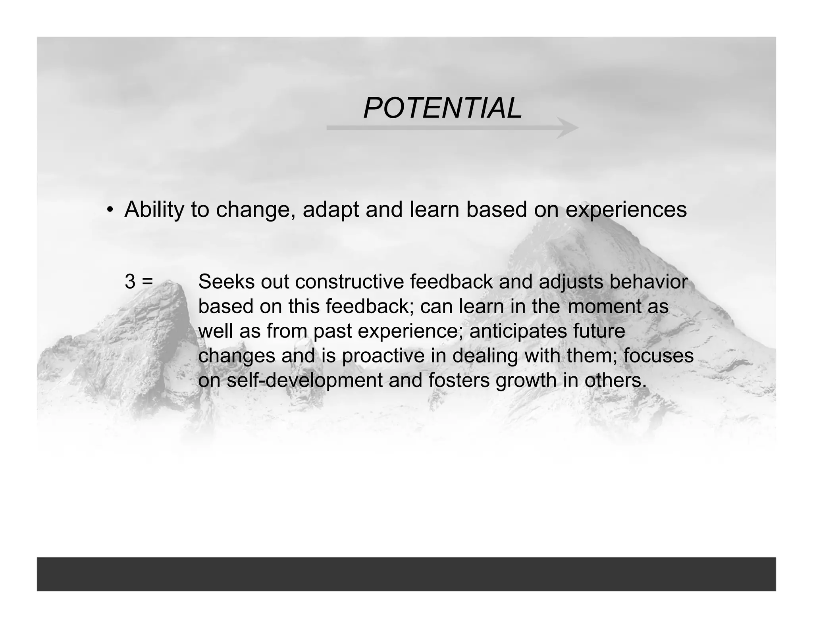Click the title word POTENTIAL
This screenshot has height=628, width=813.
pos(442,108)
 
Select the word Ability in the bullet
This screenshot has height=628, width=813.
pos(154,210)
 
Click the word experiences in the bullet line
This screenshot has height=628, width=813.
pos(626,210)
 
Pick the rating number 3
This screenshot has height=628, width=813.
pos(130,282)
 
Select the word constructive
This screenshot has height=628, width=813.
pos(349,282)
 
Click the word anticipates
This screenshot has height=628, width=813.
pos(518,331)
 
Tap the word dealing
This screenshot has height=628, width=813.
pos(485,356)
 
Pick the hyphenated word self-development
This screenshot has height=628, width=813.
pos(304,381)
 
